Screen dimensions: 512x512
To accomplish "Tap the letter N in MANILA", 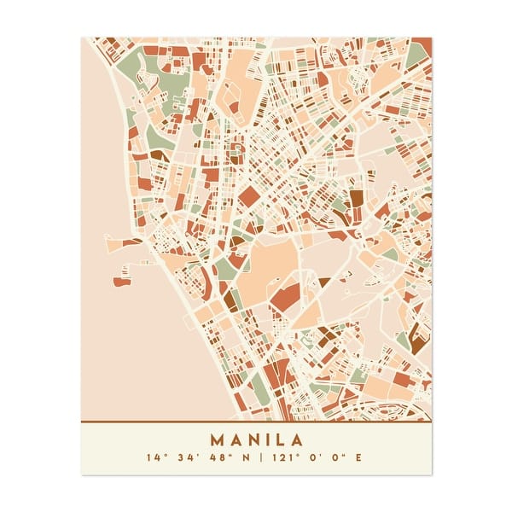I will pyautogui.click(x=252, y=441).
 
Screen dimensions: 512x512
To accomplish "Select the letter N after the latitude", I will pyautogui.click(x=248, y=458).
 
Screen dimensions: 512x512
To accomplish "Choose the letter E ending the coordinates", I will pyautogui.click(x=358, y=458).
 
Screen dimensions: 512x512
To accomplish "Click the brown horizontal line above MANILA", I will pyautogui.click(x=256, y=422).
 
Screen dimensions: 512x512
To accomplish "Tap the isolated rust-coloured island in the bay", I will pyautogui.click(x=120, y=281).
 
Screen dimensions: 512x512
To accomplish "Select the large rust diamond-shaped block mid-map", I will pyautogui.click(x=248, y=197).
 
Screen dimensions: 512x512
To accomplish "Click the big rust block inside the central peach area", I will pyautogui.click(x=285, y=295).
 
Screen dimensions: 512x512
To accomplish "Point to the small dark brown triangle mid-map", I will pyautogui.click(x=323, y=281).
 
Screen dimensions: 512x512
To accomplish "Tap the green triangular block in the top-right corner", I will pyautogui.click(x=416, y=55).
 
